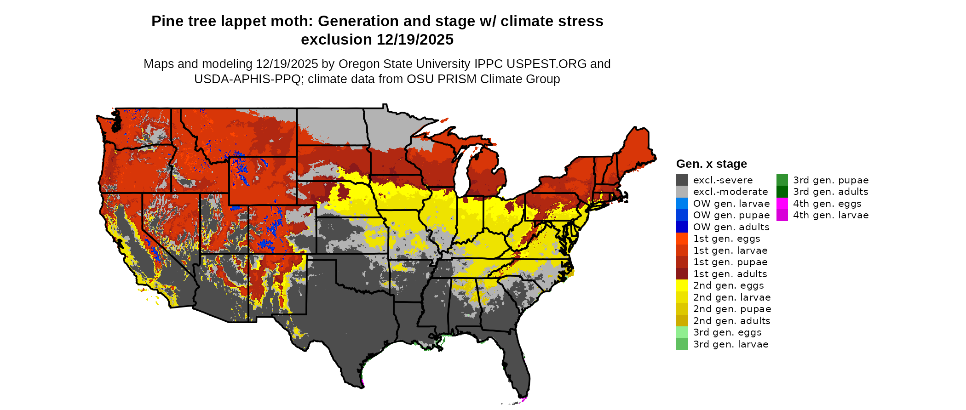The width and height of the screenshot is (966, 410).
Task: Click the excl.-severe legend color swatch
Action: [682, 180]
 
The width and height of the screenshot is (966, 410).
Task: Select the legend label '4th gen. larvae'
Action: [831, 215]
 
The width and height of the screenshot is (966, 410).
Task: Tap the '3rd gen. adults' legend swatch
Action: [782, 192]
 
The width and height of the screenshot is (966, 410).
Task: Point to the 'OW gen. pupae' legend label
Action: [731, 215]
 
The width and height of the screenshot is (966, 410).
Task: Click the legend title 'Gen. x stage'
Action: [711, 164]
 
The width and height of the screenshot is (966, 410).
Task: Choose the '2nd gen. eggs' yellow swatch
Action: [682, 285]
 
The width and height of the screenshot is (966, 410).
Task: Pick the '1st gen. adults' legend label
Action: [730, 274]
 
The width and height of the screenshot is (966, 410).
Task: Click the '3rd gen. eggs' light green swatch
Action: [682, 332]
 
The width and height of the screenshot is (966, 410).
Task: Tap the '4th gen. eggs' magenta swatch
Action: [782, 204]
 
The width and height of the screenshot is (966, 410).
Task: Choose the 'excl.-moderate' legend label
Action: [730, 192]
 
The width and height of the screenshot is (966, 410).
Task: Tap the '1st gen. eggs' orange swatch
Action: [682, 239]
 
